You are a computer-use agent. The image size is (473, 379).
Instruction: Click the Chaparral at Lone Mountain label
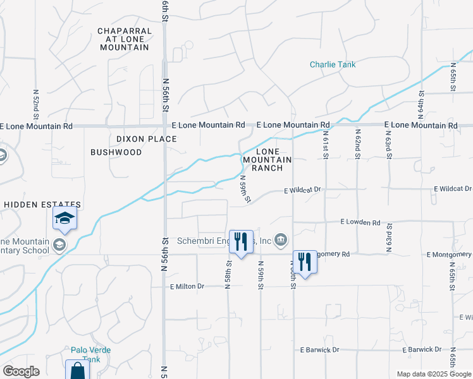pyautogui.click(x=124, y=39)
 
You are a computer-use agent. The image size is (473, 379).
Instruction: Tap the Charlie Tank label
pyautogui.click(x=333, y=64)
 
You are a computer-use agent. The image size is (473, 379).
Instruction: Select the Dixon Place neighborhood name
pyautogui.click(x=146, y=139)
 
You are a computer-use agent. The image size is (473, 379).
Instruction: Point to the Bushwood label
pyautogui.click(x=116, y=152)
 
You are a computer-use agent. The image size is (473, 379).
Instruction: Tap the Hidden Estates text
pyautogui.click(x=43, y=205)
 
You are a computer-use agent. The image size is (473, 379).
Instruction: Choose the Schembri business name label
pyautogui.click(x=224, y=240)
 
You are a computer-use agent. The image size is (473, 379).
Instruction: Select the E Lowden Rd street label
pyautogui.click(x=360, y=222)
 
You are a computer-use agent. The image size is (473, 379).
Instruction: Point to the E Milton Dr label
pyautogui.click(x=188, y=286)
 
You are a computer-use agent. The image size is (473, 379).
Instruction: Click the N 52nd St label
pyautogui.click(x=36, y=104)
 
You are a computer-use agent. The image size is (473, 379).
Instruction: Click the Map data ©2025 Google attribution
pyautogui.click(x=433, y=374)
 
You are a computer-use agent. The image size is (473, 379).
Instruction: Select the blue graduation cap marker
pyautogui.click(x=64, y=219)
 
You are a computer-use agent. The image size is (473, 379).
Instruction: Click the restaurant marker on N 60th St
pyautogui.click(x=305, y=262)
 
